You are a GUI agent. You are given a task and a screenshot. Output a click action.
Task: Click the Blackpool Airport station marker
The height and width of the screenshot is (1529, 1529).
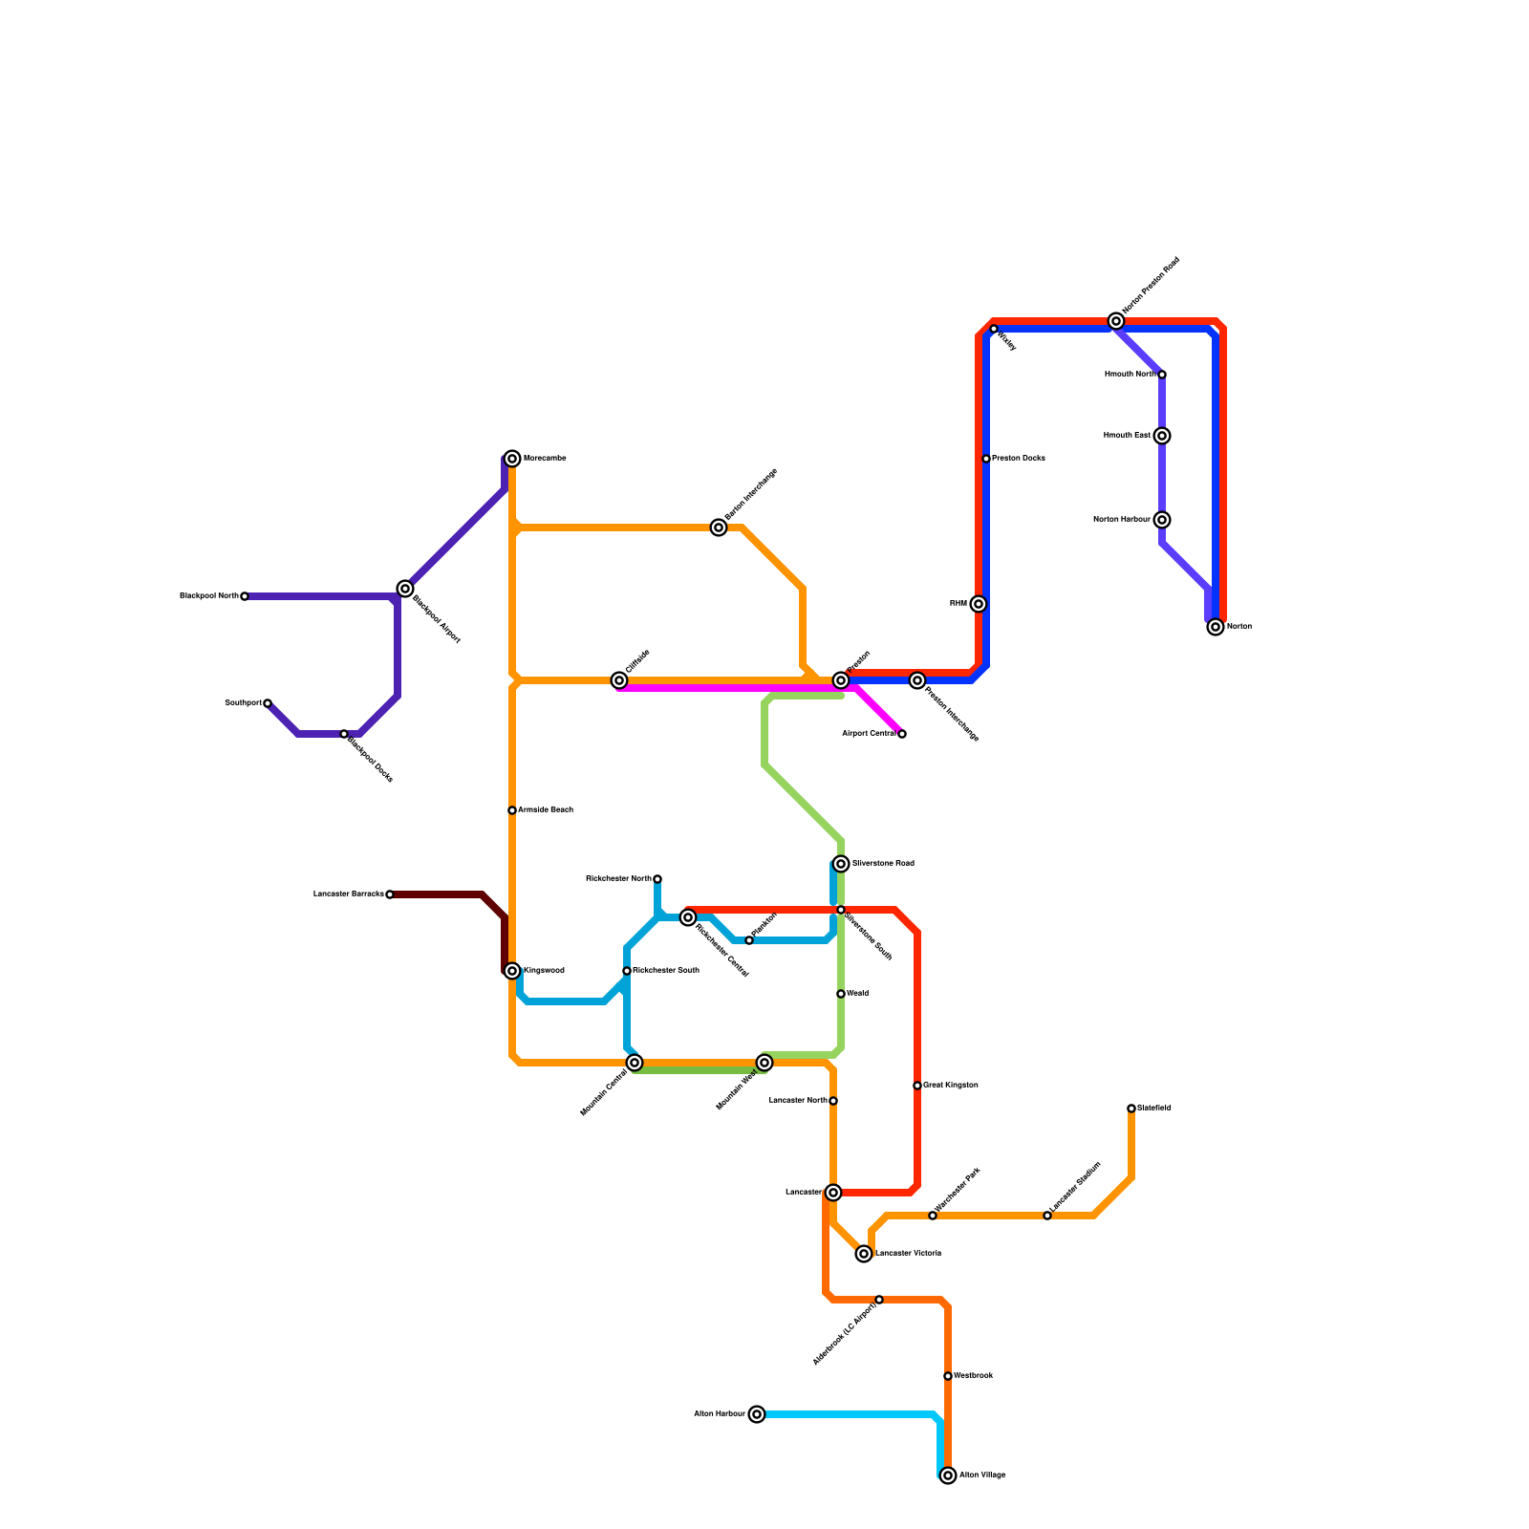pos(405,589)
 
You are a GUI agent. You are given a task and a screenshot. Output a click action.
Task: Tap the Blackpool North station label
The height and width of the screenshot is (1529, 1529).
pos(209,596)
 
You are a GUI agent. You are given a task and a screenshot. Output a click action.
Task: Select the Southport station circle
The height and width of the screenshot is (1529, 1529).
pos(268,703)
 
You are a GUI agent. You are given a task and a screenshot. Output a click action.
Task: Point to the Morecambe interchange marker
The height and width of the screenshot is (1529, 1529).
pos(512,459)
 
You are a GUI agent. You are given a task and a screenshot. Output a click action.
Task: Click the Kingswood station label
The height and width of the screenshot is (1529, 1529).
pos(544,971)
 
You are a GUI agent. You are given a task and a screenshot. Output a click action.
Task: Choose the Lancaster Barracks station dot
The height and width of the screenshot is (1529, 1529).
pos(390,894)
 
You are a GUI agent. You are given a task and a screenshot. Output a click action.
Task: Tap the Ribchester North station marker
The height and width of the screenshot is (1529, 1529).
pos(657,879)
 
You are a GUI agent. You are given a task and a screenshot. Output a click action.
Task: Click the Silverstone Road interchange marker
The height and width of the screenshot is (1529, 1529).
pos(841,864)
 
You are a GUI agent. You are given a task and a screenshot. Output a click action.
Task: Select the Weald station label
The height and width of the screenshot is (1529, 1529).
pos(857,994)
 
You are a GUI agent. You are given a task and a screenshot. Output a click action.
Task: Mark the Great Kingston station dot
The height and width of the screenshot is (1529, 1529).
pos(917,1086)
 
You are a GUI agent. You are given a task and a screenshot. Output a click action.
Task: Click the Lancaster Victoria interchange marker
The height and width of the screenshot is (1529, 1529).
pos(864,1254)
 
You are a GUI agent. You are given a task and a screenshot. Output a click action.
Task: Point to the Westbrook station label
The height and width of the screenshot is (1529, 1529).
pos(973,1376)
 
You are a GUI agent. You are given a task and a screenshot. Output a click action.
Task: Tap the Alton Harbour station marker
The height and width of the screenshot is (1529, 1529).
pos(757,1414)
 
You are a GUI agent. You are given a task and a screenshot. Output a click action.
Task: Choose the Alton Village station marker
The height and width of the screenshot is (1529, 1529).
pos(948,1475)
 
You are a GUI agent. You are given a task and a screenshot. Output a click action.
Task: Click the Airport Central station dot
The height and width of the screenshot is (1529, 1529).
pos(902,734)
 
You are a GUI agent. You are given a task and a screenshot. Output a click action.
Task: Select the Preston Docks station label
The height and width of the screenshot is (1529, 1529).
pos(1018,459)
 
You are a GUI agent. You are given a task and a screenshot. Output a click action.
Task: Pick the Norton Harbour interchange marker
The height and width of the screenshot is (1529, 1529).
pos(1162,520)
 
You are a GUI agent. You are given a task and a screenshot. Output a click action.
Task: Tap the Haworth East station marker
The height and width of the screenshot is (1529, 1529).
pos(1162,436)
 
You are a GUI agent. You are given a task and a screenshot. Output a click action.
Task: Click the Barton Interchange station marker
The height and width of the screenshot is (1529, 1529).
pos(719,528)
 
